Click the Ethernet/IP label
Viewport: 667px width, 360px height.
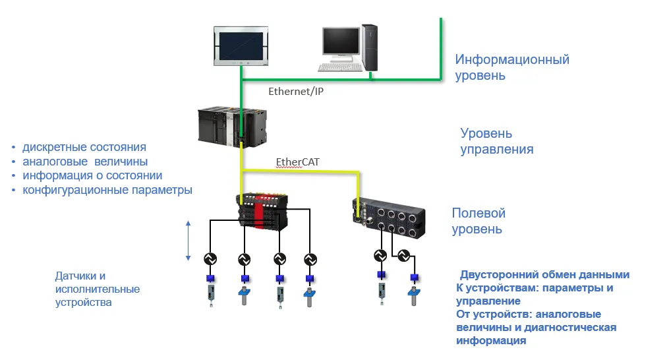click(295, 92)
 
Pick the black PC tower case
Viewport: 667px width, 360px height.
click(371, 47)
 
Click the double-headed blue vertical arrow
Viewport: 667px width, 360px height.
click(188, 241)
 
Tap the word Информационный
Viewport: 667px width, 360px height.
click(512, 60)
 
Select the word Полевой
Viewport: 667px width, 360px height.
click(478, 214)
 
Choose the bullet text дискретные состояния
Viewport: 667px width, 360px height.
click(84, 147)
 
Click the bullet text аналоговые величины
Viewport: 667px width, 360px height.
click(85, 162)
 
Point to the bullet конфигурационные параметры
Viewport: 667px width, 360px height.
click(107, 190)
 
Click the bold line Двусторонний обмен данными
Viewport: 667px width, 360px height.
click(544, 275)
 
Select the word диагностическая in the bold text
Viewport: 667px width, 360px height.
click(574, 328)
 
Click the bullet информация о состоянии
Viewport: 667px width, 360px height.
click(92, 175)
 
